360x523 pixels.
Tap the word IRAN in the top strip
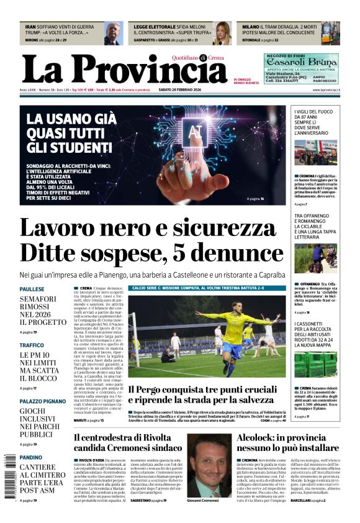tap(30, 27)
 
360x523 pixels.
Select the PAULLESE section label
tap(32, 289)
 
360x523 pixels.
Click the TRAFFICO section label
tap(32, 345)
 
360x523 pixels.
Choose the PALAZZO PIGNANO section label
tap(43, 402)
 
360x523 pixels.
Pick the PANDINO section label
tap(31, 457)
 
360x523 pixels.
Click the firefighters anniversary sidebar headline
tap(315, 122)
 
